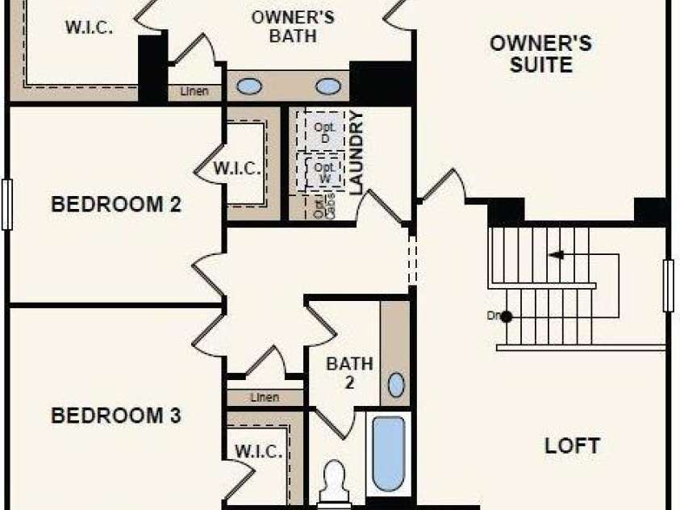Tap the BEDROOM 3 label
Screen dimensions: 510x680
coord(115,416)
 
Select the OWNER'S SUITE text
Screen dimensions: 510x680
coord(541,54)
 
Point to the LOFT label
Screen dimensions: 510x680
coord(572,445)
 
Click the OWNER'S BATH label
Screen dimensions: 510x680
coord(282,26)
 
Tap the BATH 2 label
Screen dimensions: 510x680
coord(349,372)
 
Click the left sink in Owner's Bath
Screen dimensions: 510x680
coord(249,86)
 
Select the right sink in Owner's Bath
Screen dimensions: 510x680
coord(327,86)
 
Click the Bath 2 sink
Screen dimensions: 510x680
coord(396,385)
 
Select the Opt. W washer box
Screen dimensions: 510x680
coord(324,171)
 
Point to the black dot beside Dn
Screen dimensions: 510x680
coord(506,316)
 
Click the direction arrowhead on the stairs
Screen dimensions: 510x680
coord(555,255)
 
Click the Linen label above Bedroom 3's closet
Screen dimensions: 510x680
coord(265,398)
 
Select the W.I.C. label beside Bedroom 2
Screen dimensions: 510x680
coord(237,169)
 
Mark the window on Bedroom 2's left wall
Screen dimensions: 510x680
coord(7,204)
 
